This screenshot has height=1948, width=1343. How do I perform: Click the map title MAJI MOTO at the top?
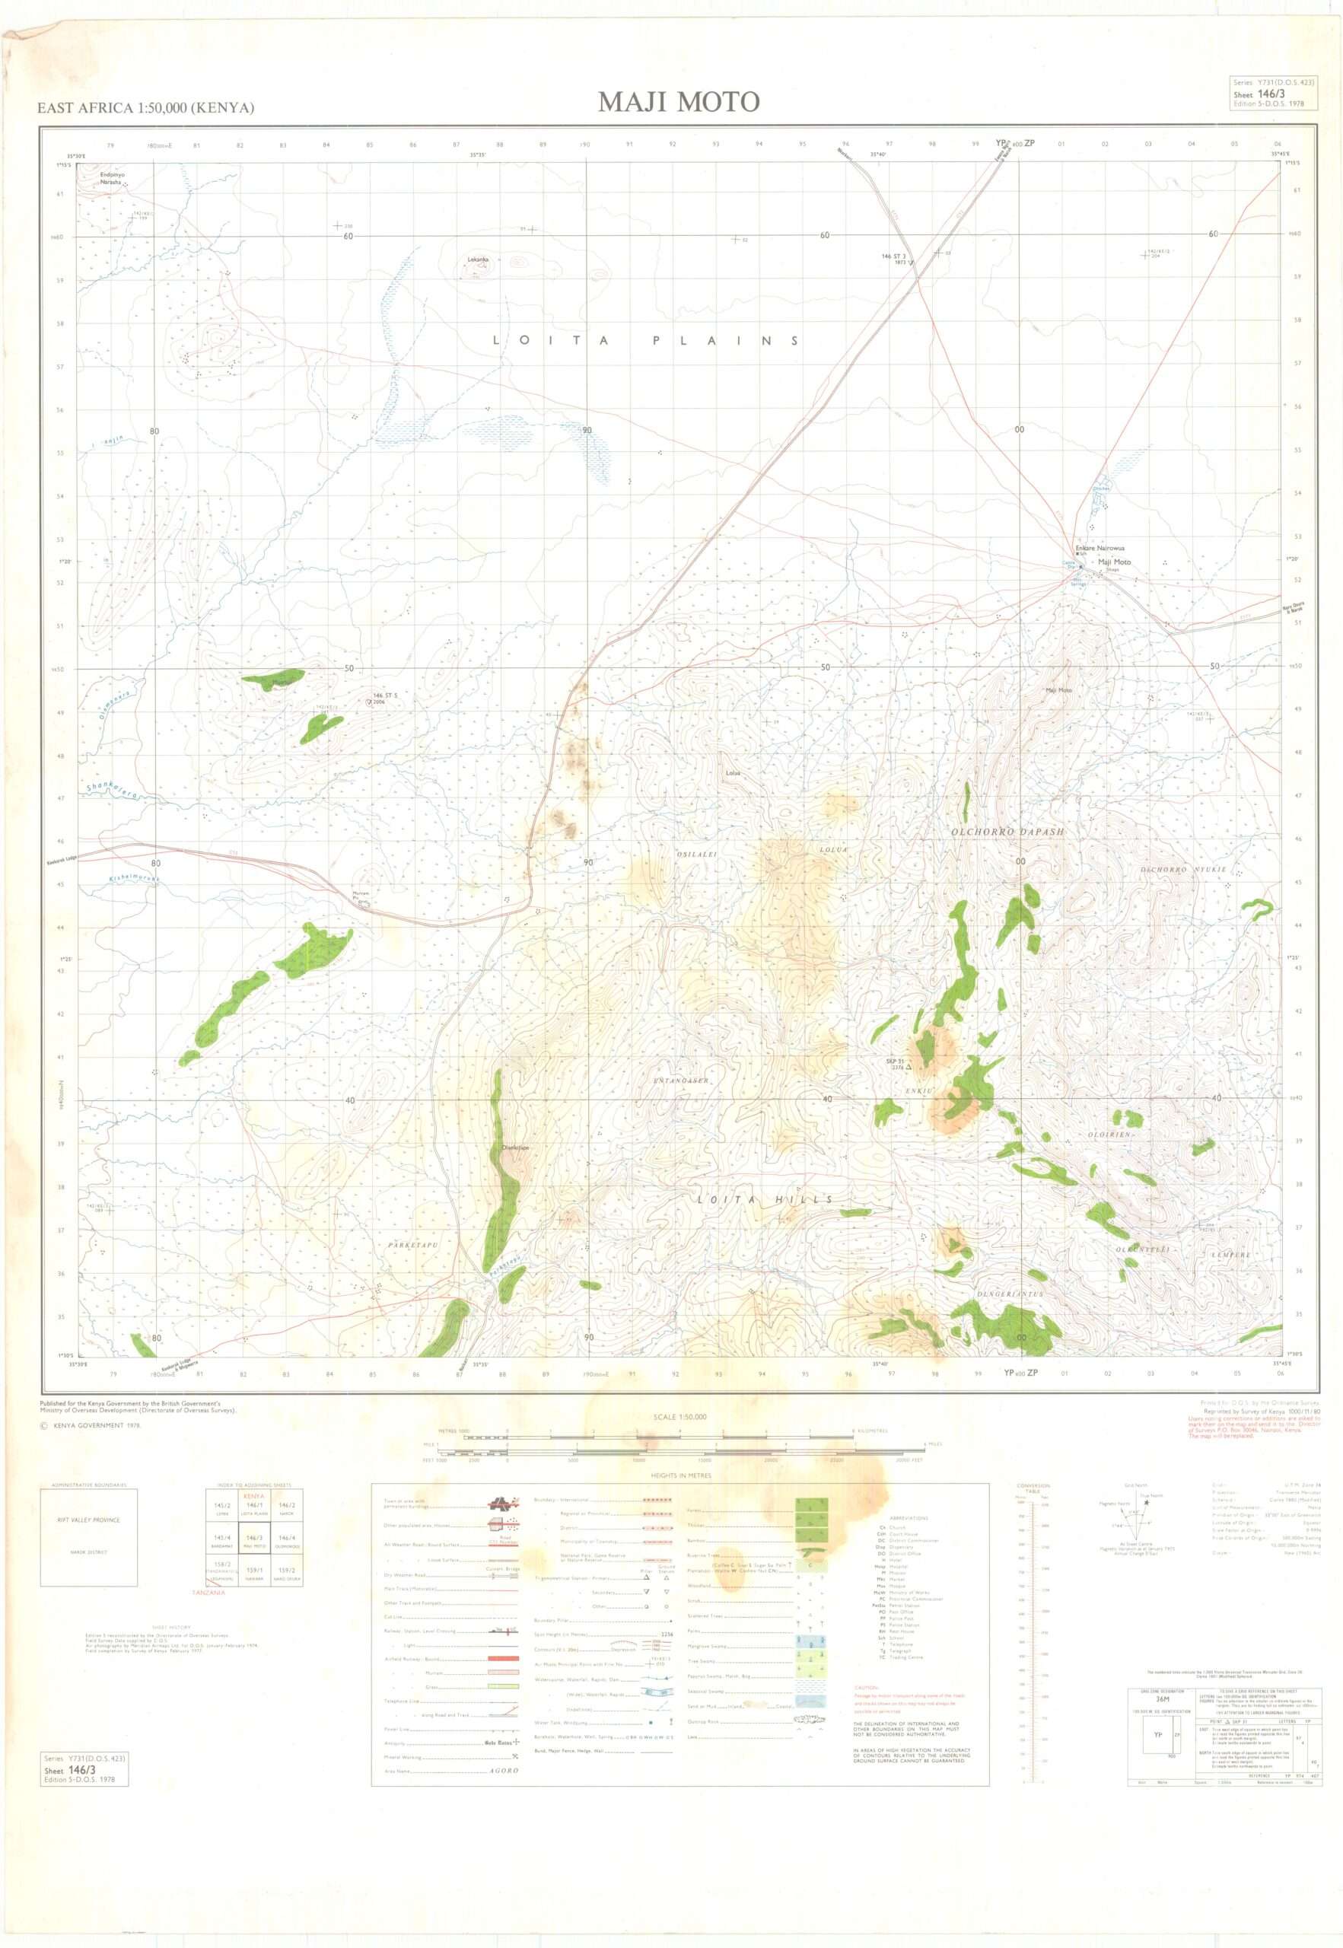(678, 102)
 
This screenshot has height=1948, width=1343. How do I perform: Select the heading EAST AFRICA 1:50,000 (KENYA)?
(145, 108)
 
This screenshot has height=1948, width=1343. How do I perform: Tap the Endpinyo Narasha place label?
(112, 177)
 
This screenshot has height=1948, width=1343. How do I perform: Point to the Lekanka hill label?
(478, 259)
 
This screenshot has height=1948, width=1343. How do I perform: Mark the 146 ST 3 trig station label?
(893, 256)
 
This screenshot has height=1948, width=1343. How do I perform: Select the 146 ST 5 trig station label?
(384, 696)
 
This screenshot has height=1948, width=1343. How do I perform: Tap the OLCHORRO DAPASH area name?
(1007, 832)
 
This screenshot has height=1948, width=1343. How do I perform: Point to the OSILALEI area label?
(697, 854)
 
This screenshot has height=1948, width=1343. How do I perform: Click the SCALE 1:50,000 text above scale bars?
(679, 1417)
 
